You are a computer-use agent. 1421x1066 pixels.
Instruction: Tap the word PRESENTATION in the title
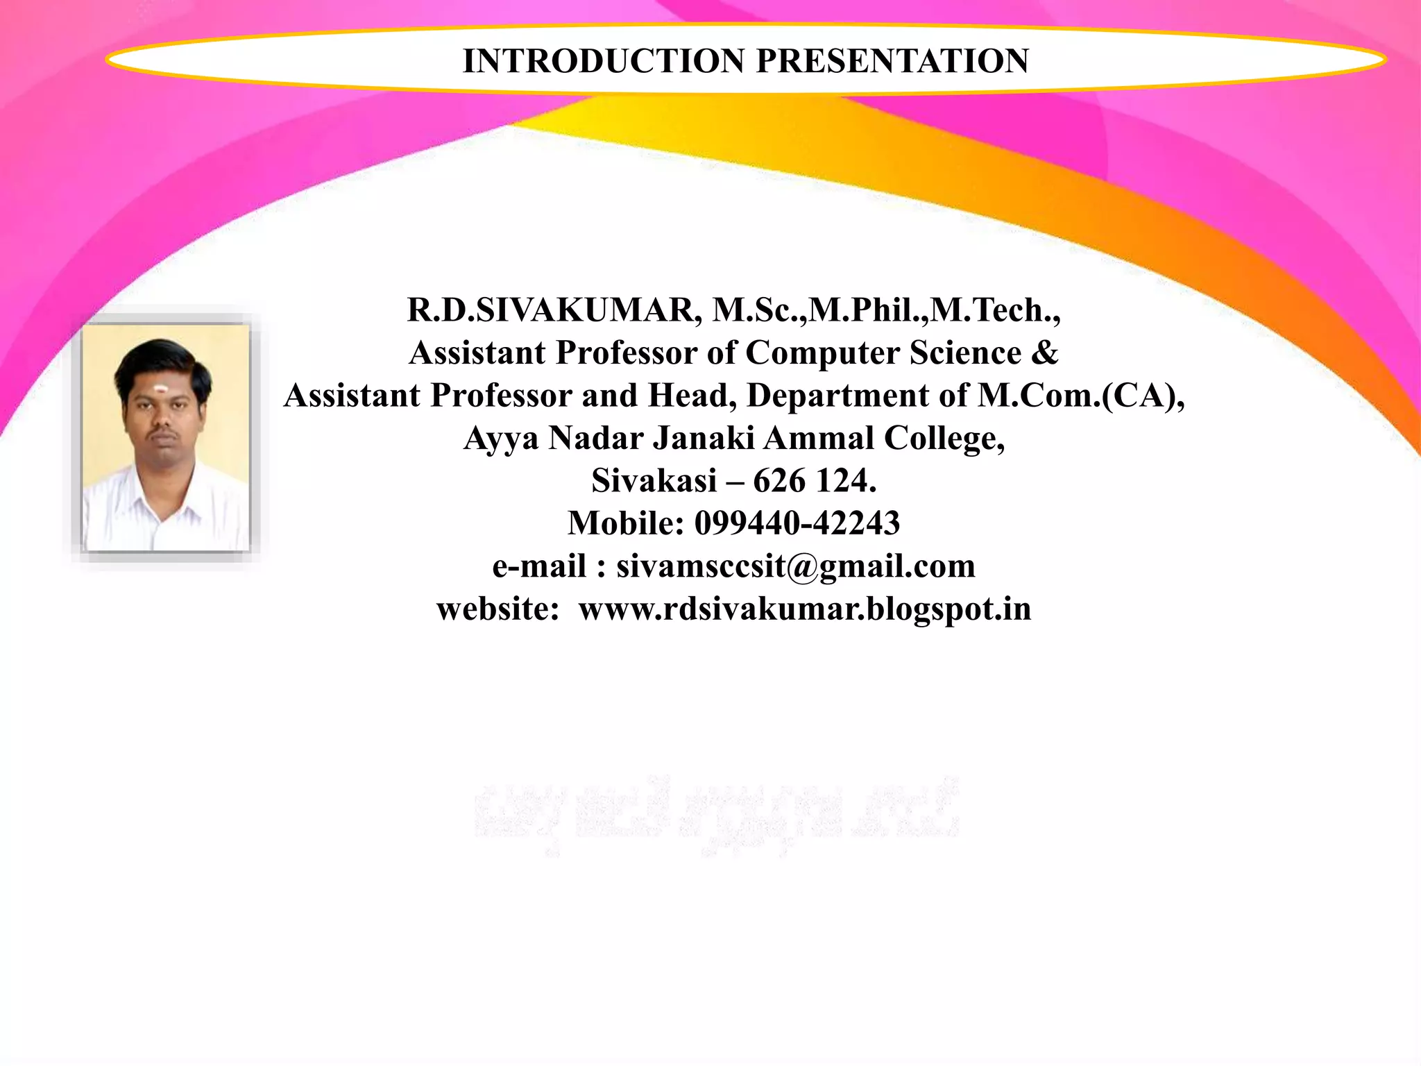click(x=892, y=61)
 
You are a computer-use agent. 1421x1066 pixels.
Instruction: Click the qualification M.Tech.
click(x=995, y=310)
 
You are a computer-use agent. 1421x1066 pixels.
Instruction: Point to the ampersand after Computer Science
click(x=1045, y=353)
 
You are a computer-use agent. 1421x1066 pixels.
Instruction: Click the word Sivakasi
click(x=654, y=481)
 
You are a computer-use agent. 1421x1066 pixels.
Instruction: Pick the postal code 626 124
click(x=815, y=481)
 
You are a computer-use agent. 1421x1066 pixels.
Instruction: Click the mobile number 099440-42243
click(x=797, y=523)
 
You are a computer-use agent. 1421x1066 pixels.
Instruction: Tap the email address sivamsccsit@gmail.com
click(x=795, y=566)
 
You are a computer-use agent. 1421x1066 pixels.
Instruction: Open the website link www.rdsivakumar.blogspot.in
click(x=805, y=609)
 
